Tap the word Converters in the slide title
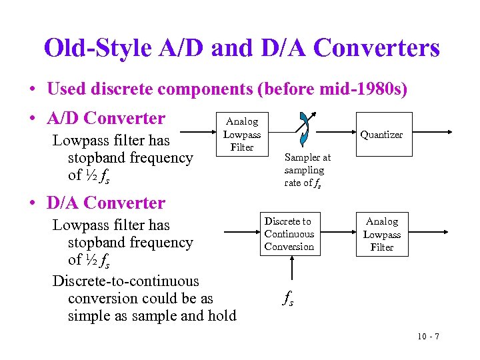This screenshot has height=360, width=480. (x=376, y=48)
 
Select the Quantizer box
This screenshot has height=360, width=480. (x=381, y=135)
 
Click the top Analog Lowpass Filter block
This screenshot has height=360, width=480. (x=241, y=134)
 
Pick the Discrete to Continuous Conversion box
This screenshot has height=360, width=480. (x=289, y=234)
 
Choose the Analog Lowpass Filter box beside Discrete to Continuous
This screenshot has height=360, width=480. (x=382, y=234)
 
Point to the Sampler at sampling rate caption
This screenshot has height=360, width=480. (x=307, y=170)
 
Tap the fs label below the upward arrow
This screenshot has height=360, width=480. (x=288, y=300)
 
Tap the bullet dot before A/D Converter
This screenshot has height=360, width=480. (x=32, y=119)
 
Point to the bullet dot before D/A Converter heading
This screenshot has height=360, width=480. (x=32, y=203)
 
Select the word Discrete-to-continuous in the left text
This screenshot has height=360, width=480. (x=126, y=281)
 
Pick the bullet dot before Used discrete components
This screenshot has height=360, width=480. (x=32, y=89)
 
